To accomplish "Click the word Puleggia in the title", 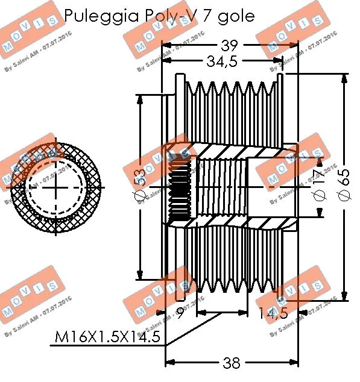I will click(96, 16).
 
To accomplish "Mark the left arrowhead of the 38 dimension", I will click(169, 362).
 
